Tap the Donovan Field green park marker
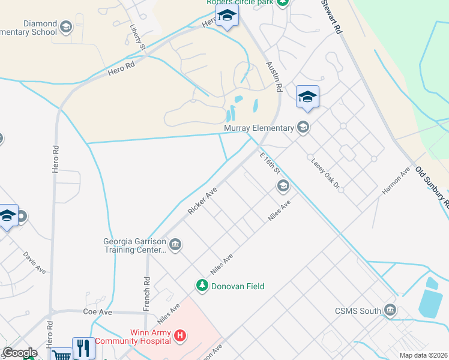(203, 286)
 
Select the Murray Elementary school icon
(303, 127)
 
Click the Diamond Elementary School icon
(65, 27)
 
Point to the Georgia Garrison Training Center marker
(175, 244)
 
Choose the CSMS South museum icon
(391, 311)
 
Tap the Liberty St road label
(138, 37)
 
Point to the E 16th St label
(270, 162)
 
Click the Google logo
(20, 353)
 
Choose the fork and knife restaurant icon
(83, 348)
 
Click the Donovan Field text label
(238, 286)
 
